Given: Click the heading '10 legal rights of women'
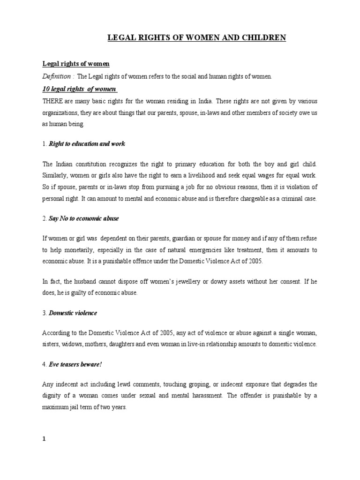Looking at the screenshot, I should pyautogui.click(x=80, y=89).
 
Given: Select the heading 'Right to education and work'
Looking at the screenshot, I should pyautogui.click(x=87, y=144).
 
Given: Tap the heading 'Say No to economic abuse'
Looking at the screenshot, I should pyautogui.click(x=84, y=218).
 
